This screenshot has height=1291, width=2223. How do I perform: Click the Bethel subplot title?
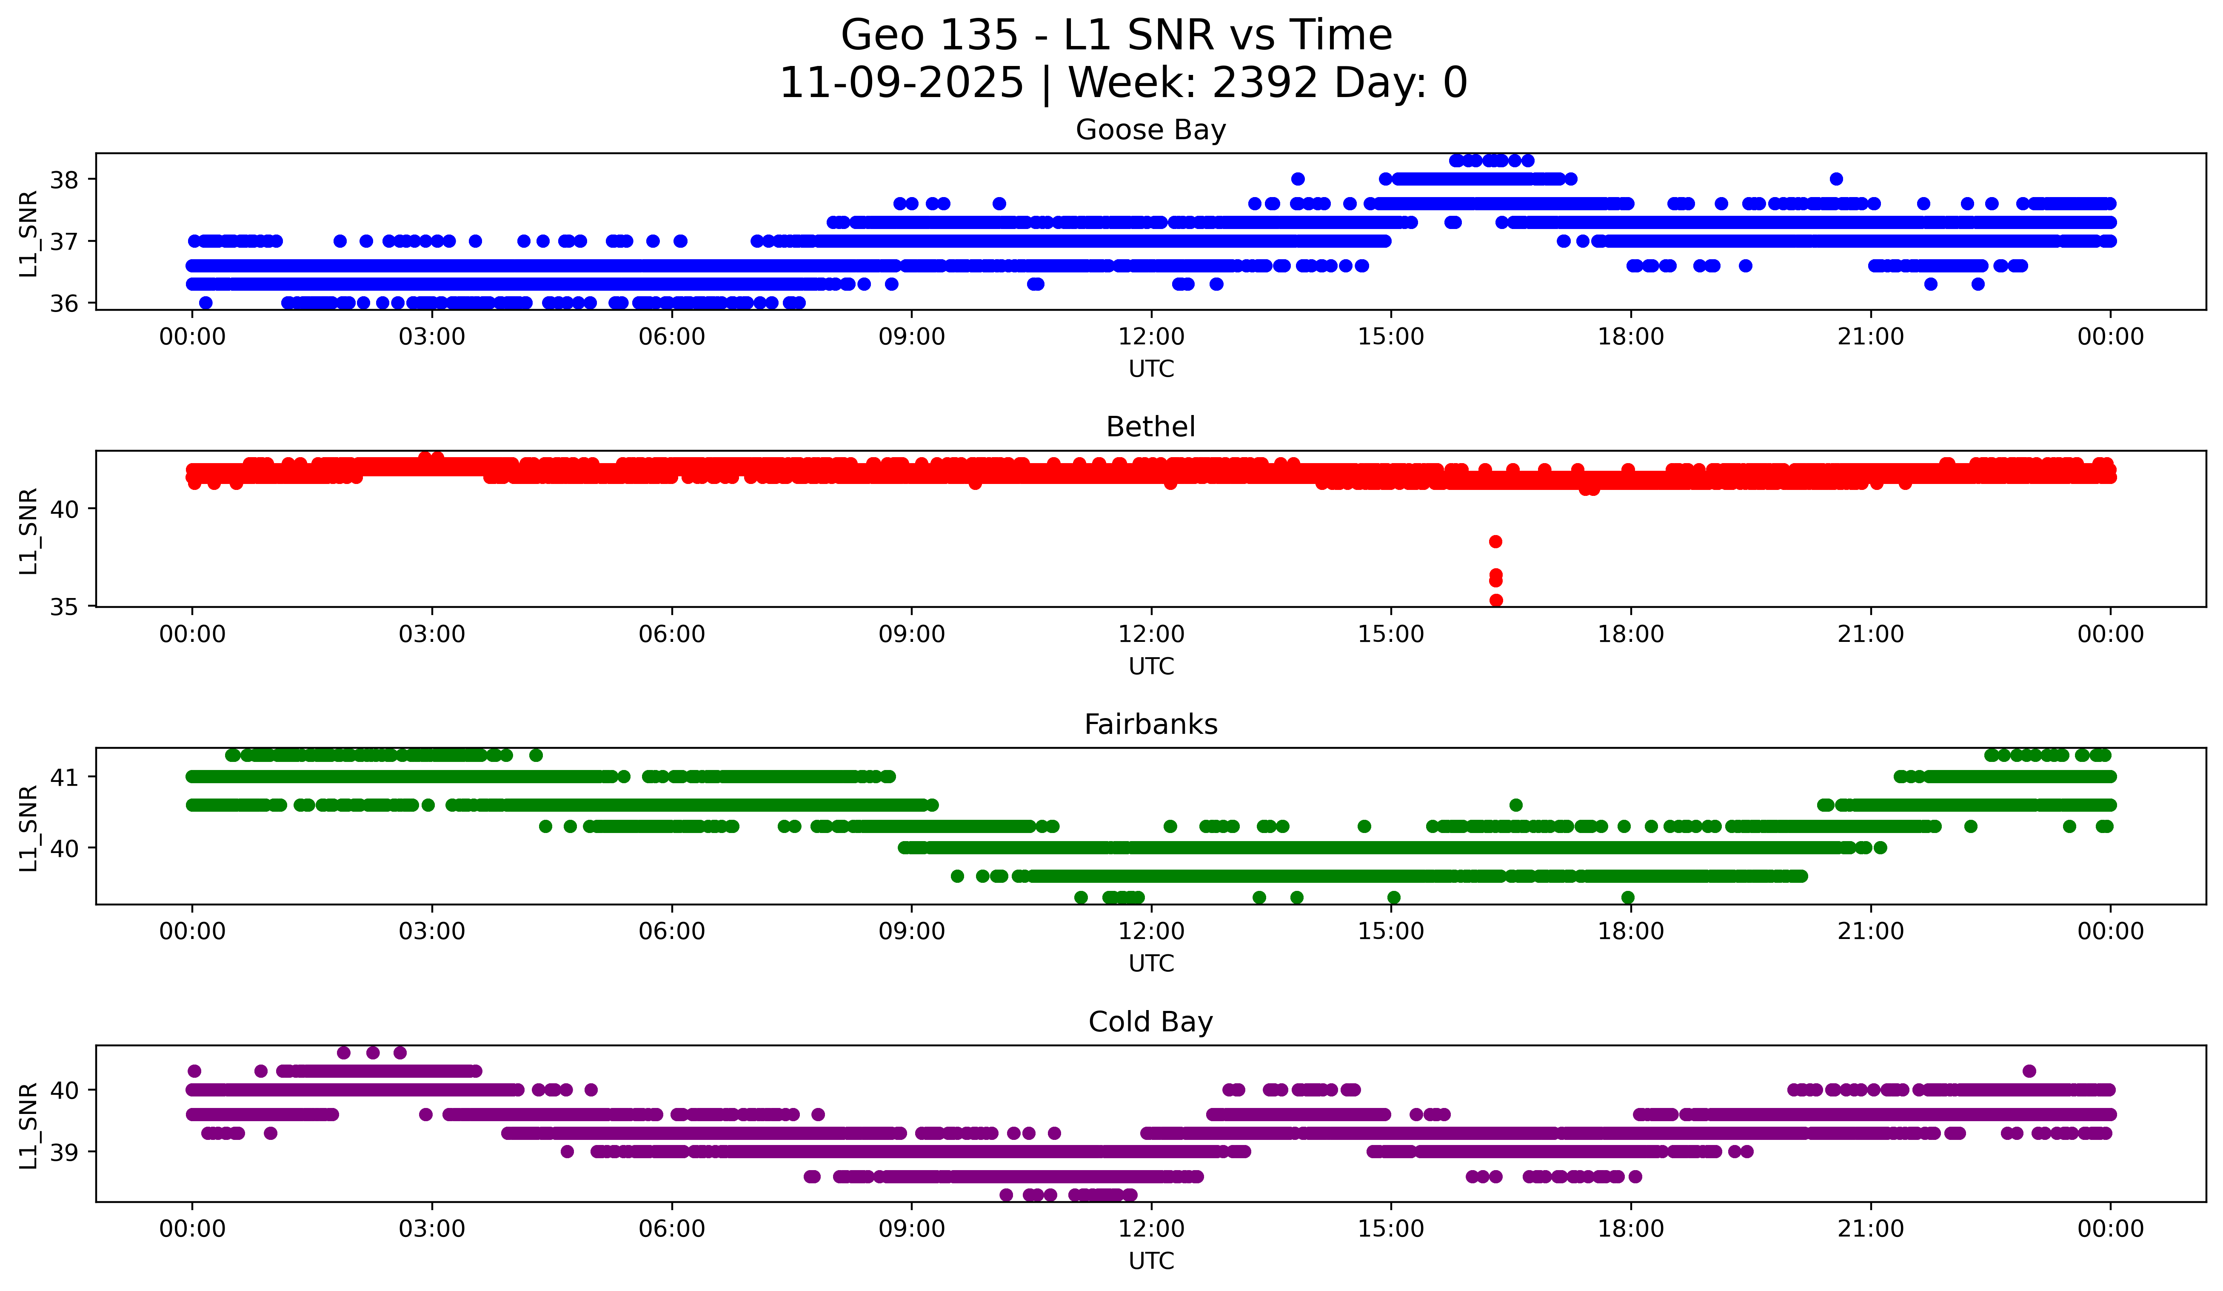tap(1150, 427)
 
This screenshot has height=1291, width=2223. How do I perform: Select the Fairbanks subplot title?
tap(1150, 724)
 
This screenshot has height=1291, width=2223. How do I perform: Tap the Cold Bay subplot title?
tap(1150, 1022)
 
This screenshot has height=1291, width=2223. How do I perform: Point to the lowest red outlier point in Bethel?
tap(1495, 600)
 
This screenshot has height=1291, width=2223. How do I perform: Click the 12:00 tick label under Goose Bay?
tap(1150, 337)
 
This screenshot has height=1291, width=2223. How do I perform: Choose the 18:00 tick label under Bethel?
tap(1630, 635)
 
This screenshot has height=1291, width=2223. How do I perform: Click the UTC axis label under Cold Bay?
tap(1150, 1261)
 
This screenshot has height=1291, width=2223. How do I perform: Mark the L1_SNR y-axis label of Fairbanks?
tap(28, 828)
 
